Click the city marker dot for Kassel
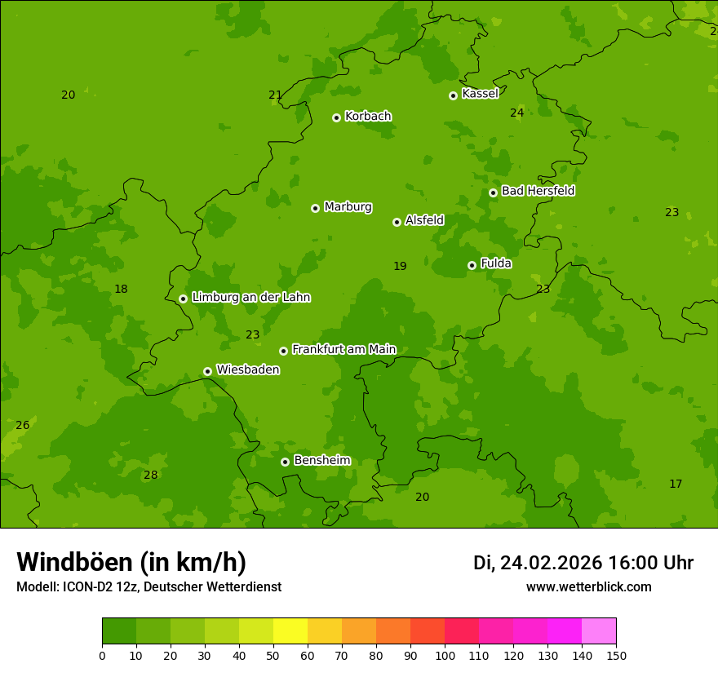coord(453,95)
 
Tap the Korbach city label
coord(368,117)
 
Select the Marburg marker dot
coord(315,208)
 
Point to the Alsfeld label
coord(424,220)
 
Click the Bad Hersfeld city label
coord(538,191)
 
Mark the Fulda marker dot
coord(472,265)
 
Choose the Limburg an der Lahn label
coord(250,298)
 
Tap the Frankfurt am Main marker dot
coord(283,351)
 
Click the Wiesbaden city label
coord(247,369)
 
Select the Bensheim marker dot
coord(285,462)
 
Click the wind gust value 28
coord(150,476)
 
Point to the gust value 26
coord(22,426)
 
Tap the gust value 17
coord(676,485)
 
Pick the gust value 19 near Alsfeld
coord(400,267)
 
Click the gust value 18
coord(121,290)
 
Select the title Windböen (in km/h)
coord(131,562)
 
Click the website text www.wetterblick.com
coord(588,587)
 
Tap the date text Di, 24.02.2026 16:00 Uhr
coord(583,563)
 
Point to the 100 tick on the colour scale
coord(445,655)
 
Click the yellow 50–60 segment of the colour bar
coord(290,631)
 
